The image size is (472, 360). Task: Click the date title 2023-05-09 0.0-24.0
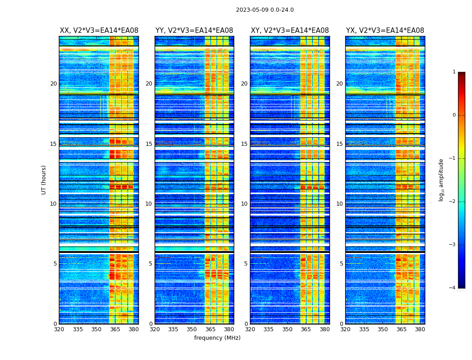(265, 10)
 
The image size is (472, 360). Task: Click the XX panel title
(99, 31)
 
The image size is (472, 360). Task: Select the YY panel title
(194, 31)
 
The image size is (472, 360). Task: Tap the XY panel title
(289, 31)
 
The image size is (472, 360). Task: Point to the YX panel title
(385, 31)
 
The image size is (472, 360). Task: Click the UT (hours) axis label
(44, 180)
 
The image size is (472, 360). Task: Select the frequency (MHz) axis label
(217, 338)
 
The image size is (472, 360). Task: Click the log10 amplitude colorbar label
(441, 180)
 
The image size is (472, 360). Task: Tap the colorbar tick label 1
(454, 72)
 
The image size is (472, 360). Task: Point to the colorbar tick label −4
(453, 288)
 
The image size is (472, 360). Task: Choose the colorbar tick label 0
(454, 115)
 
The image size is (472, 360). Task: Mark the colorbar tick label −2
(453, 202)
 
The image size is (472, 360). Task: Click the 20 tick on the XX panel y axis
(53, 84)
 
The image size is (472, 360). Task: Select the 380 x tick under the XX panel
(134, 329)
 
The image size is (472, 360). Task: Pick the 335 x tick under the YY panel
(173, 329)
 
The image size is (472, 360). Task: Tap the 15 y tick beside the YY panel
(149, 144)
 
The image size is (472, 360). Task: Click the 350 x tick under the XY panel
(287, 329)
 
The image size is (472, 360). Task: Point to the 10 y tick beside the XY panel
(244, 204)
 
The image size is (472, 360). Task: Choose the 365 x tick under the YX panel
(401, 329)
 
